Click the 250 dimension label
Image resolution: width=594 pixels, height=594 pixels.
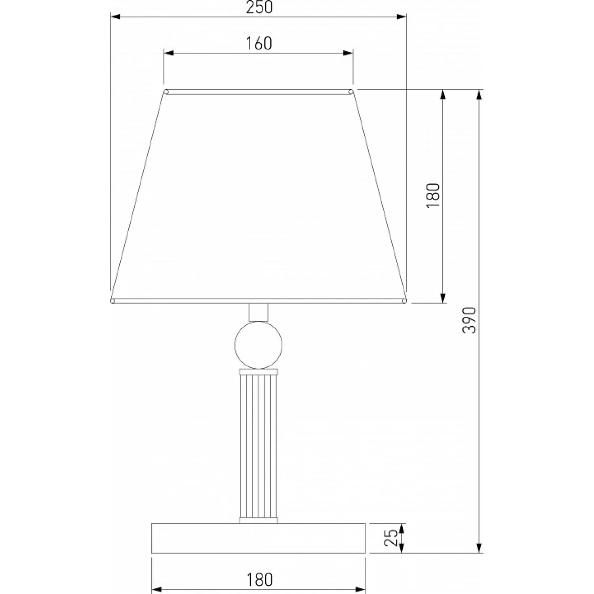(x=259, y=7)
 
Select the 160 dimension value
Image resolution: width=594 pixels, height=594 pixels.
(x=259, y=44)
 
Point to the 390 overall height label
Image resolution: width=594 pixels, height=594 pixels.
(x=470, y=320)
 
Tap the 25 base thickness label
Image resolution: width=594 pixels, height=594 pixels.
(x=391, y=538)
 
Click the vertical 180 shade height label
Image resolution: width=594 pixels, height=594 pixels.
(x=433, y=196)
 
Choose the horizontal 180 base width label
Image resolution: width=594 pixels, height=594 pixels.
(x=260, y=580)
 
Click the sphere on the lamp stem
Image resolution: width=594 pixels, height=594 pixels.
(x=259, y=345)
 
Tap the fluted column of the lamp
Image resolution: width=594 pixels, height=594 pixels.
(x=259, y=446)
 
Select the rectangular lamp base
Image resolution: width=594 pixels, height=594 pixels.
(x=259, y=538)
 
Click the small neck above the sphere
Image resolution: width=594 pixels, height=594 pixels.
(x=259, y=312)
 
